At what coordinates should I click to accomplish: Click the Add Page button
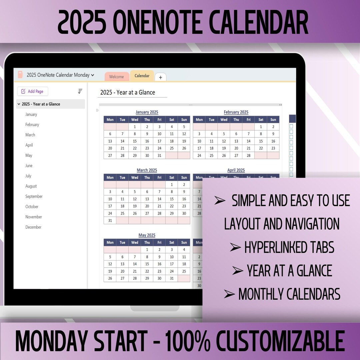(x=33, y=91)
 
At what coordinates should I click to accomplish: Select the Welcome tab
(x=116, y=77)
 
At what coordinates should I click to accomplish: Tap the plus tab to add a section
(x=160, y=77)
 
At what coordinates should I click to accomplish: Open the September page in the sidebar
(x=34, y=196)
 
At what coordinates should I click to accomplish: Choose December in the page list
(x=33, y=227)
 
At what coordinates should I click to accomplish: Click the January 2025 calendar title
(x=147, y=112)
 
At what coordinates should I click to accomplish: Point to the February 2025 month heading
(x=236, y=112)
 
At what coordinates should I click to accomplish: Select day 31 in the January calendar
(x=159, y=155)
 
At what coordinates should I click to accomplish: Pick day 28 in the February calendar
(x=248, y=155)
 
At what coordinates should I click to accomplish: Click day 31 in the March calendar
(x=110, y=220)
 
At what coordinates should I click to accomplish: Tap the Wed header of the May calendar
(x=135, y=242)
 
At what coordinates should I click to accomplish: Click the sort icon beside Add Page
(x=80, y=91)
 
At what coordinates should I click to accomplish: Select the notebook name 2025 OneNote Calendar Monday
(x=58, y=75)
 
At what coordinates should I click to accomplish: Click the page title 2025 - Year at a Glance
(x=128, y=92)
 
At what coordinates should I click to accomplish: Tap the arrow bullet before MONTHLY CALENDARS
(x=229, y=294)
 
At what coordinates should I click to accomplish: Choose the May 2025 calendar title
(x=147, y=235)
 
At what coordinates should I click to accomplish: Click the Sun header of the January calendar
(x=184, y=120)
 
